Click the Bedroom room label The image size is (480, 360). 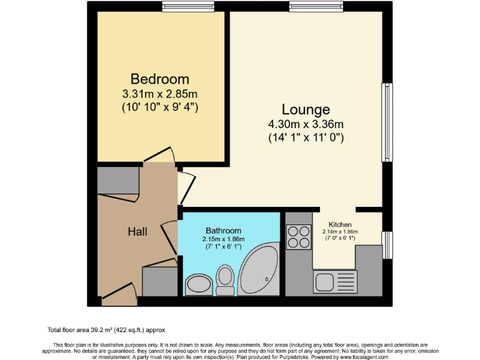[159, 79]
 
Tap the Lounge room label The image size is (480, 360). [305, 110]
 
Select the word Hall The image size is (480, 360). [137, 231]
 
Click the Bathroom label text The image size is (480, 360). [222, 230]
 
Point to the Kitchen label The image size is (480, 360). [340, 224]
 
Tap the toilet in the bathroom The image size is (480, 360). [224, 279]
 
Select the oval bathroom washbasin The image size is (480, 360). [198, 285]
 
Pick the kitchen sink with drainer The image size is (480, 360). [335, 282]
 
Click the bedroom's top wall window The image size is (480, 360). [179, 7]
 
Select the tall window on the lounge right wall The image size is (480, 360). [388, 121]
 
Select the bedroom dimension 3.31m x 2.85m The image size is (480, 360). [159, 94]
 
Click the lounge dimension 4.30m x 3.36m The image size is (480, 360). [305, 124]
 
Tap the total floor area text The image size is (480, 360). [106, 329]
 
